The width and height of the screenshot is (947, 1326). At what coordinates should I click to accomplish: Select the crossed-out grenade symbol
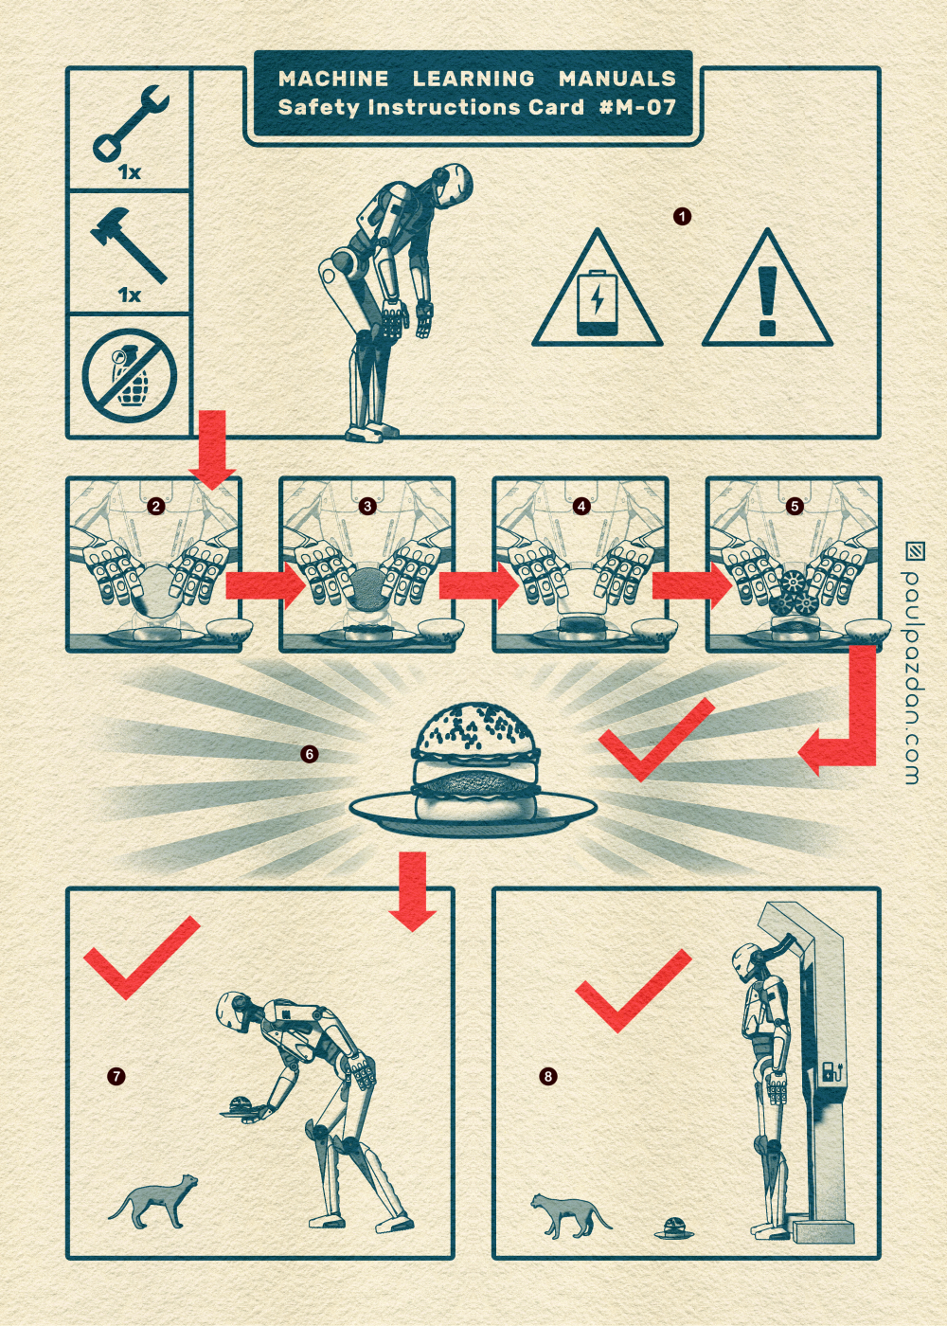pos(130,375)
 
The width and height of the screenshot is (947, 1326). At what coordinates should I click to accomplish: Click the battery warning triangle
pos(598,289)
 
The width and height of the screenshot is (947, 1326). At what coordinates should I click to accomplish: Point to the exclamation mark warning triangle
pos(768,289)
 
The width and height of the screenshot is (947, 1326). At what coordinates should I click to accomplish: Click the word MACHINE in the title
pos(333,78)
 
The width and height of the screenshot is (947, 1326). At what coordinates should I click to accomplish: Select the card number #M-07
pos(637,107)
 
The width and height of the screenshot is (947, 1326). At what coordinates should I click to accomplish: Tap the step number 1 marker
pos(683,216)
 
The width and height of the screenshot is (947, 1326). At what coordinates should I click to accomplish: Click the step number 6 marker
pos(309,754)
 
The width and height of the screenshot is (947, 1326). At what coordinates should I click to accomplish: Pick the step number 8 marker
pos(548,1075)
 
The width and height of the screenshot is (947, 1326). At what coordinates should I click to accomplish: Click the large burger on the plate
pos(475,762)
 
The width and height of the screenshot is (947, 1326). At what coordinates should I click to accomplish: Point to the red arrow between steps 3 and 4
pos(478,585)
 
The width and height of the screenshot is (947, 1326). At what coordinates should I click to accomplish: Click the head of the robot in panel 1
pos(454,185)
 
